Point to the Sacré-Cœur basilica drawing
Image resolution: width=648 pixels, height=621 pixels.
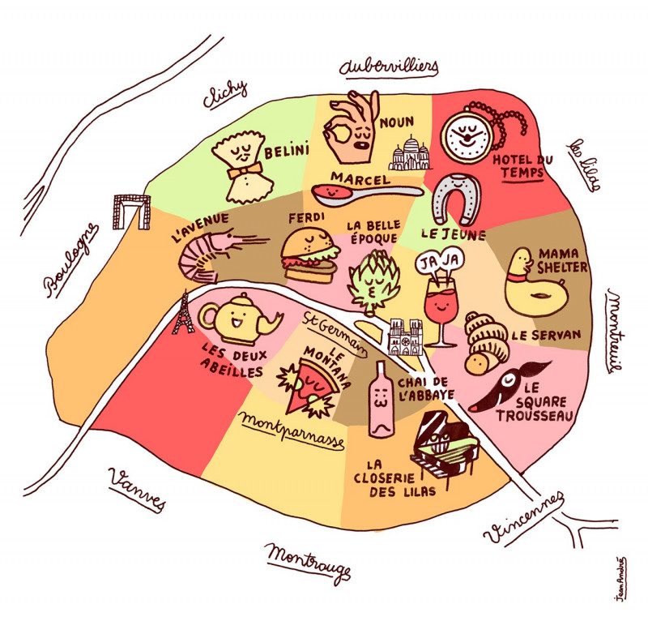coord(407,154)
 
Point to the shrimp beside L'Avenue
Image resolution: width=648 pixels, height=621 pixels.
coord(212,253)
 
